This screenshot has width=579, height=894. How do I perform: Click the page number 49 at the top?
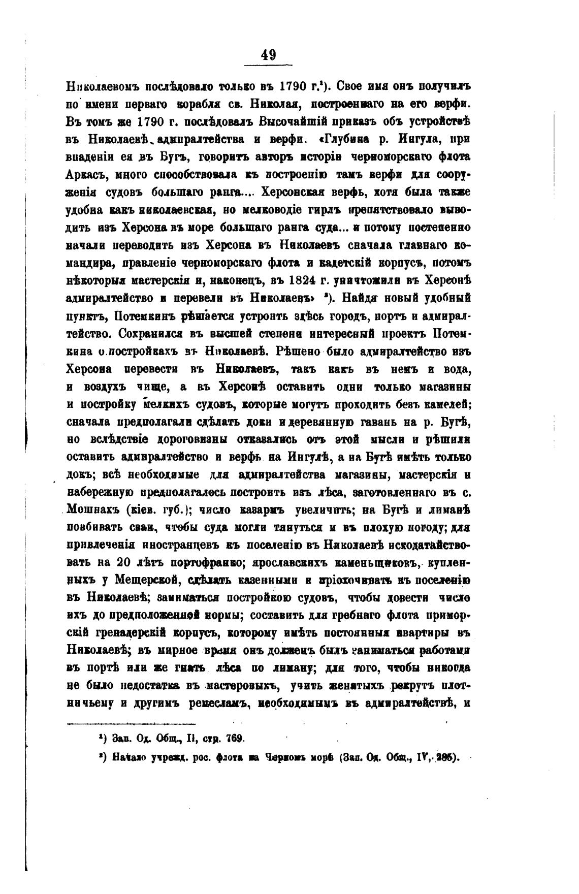click(268, 54)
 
